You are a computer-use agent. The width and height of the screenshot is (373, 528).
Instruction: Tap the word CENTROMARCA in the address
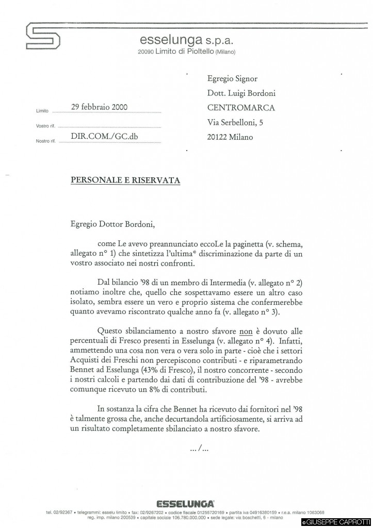(x=241, y=108)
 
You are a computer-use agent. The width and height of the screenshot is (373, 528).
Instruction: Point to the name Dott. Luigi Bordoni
(x=241, y=93)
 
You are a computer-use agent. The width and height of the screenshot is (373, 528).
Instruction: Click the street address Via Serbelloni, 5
(x=235, y=123)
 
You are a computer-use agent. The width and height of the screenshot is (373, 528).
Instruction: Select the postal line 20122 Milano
(x=230, y=137)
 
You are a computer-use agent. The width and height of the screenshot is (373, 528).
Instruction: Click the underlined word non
(x=244, y=332)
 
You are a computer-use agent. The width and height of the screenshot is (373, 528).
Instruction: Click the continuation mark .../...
(x=199, y=449)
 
